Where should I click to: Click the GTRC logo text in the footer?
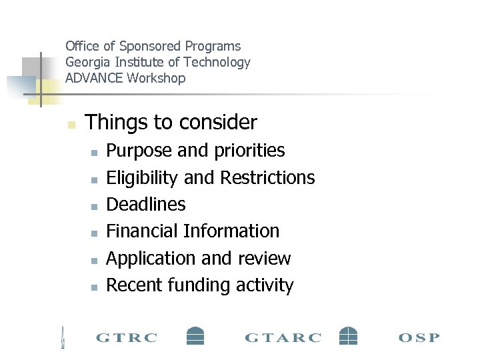[127, 337]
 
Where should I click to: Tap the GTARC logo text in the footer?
[283, 337]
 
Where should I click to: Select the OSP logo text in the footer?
[419, 337]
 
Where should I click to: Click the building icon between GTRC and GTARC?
[195, 335]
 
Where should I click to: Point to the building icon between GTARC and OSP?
[348, 335]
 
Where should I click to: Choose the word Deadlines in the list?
[146, 205]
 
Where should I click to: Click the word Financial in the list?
[143, 231]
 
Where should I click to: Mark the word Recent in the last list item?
[135, 285]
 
